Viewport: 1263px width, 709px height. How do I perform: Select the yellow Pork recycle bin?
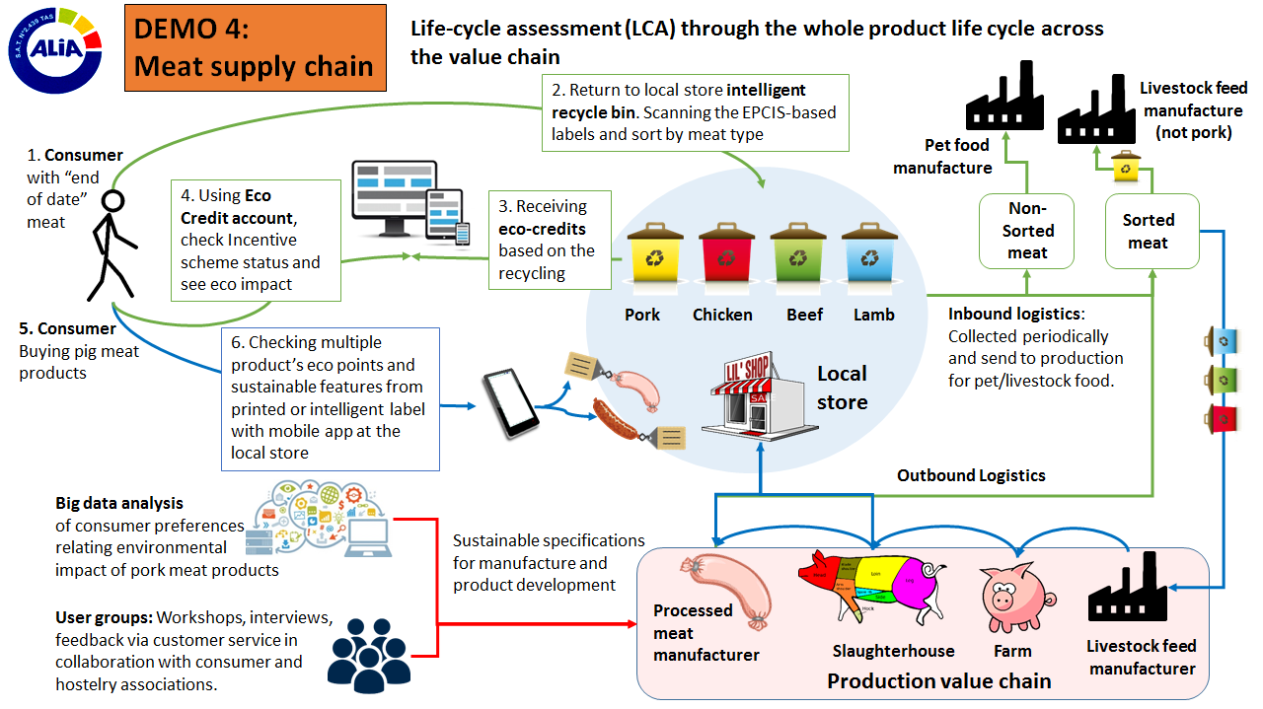tap(654, 259)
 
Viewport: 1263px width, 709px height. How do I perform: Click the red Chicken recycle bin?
tap(725, 259)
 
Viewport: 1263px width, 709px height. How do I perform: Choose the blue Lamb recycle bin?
tap(869, 259)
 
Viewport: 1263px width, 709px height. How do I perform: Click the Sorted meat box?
tap(1150, 231)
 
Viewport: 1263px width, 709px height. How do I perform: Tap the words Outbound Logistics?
tap(970, 475)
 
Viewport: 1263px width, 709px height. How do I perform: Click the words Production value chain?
tap(938, 680)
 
